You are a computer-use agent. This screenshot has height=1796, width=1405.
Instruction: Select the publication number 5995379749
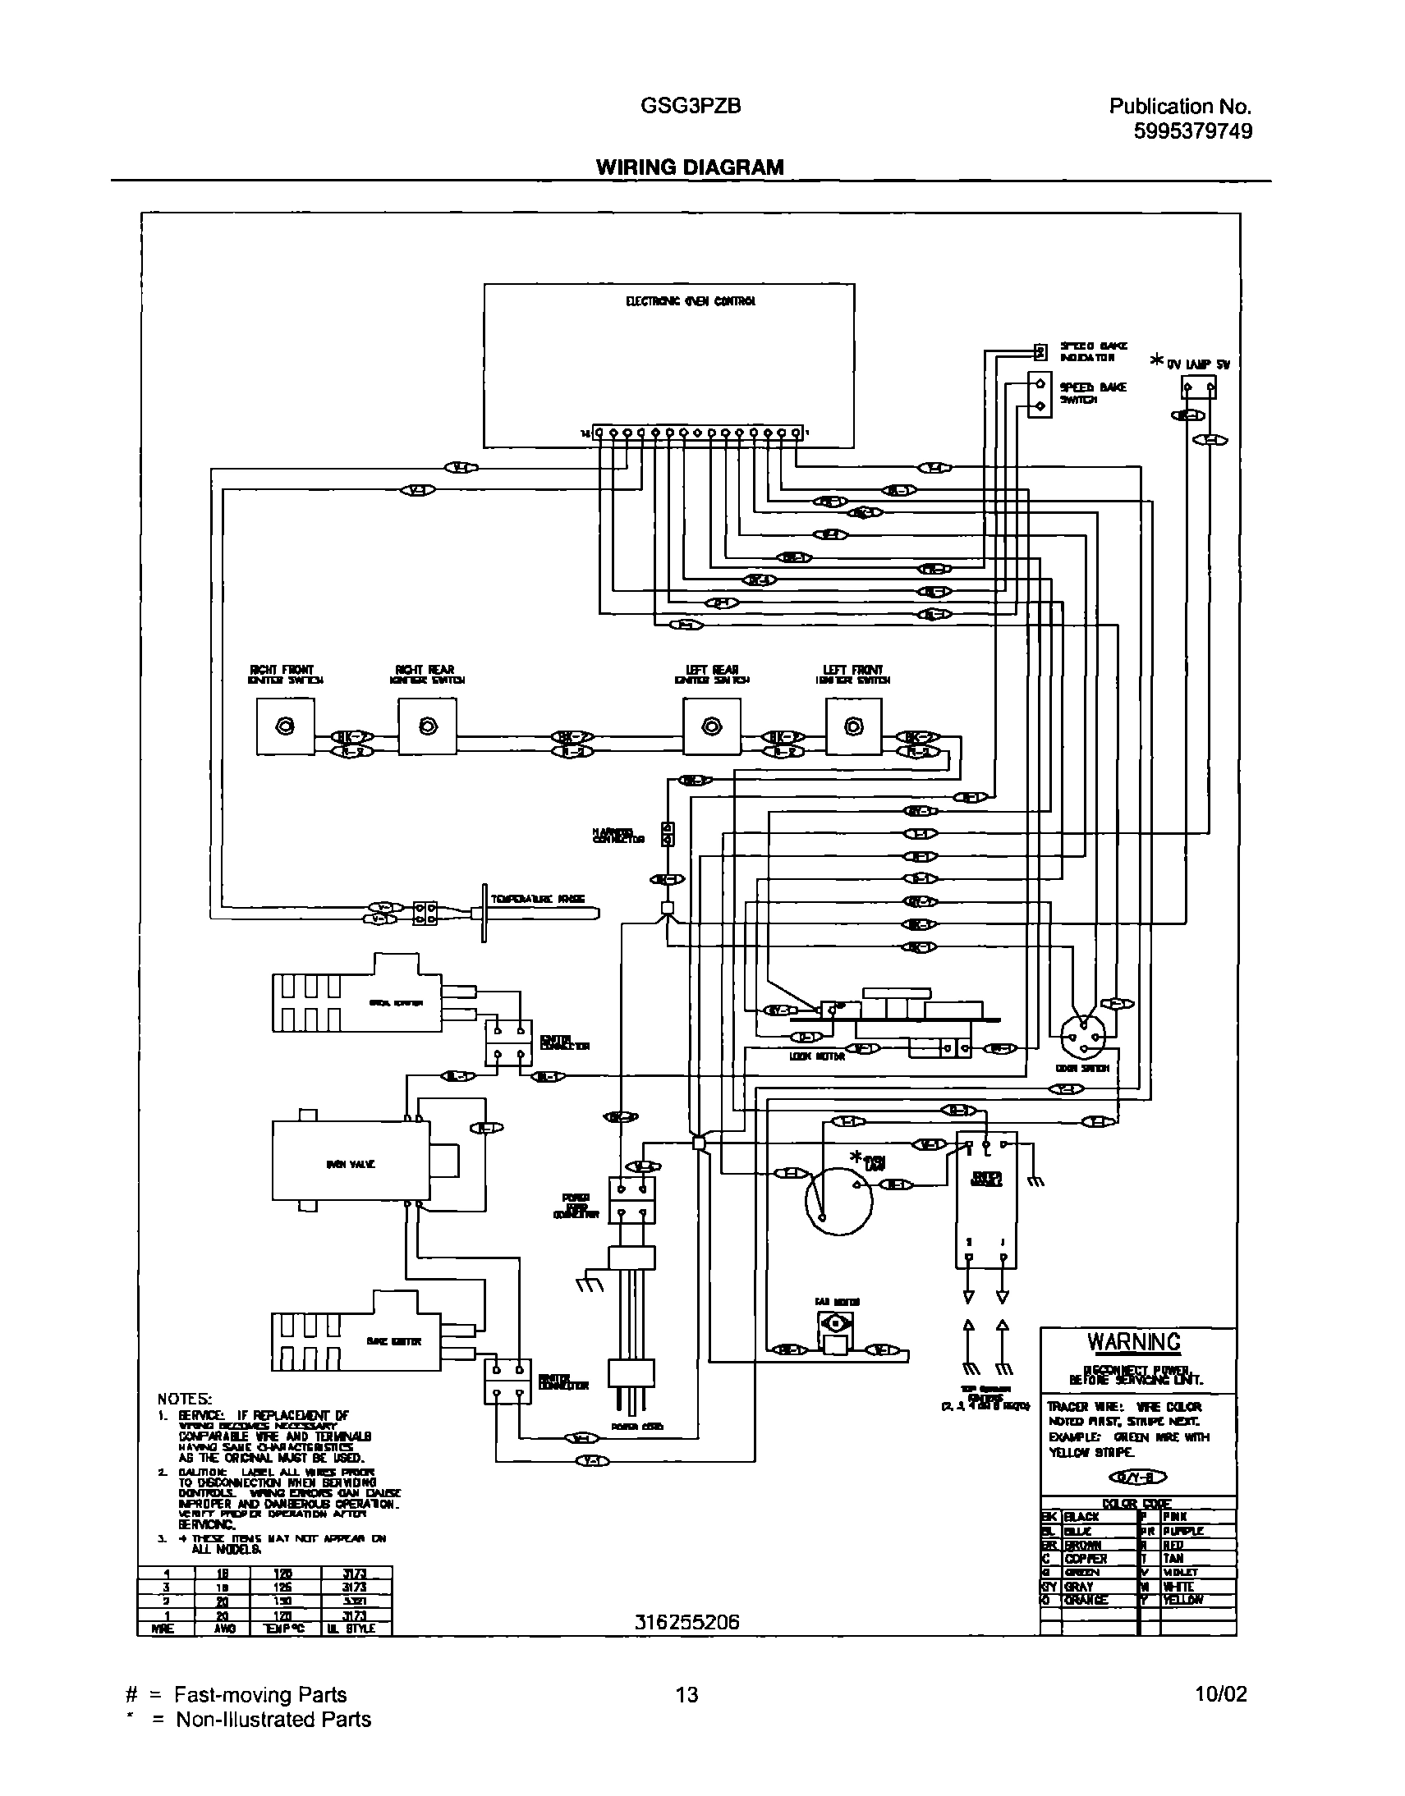click(x=1192, y=131)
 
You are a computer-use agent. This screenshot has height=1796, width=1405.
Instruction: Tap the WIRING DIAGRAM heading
click(x=689, y=167)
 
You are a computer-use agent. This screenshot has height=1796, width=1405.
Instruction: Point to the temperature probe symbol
click(x=535, y=914)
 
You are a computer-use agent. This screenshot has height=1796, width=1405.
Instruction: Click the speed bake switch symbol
click(x=1039, y=395)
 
